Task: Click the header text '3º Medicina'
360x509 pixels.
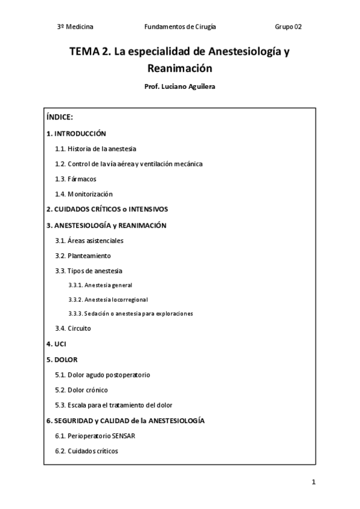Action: coord(75,27)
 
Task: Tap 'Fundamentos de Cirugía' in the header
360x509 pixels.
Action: coord(180,27)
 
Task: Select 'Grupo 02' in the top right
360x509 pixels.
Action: coord(288,27)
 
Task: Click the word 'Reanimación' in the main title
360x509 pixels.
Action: coord(180,68)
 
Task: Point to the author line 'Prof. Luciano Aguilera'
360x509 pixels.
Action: coord(180,86)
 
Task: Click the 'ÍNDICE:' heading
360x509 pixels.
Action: coord(59,118)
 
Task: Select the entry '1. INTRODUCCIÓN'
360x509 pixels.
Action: coord(76,134)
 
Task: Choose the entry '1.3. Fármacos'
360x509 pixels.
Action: coord(76,179)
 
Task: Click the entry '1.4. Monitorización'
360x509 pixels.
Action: coord(84,194)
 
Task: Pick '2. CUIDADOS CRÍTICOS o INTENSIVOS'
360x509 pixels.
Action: coord(107,209)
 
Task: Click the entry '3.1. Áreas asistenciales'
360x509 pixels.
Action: coord(89,241)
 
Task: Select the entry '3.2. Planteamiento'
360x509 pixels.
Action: coord(83,256)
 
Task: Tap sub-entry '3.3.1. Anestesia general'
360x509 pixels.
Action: coord(100,285)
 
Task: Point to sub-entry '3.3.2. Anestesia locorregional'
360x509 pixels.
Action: coord(108,300)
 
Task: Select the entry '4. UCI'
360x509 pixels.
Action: coord(56,344)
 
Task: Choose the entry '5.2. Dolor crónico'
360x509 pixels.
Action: coord(82,390)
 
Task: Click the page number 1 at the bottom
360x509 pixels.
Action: coord(313,482)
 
